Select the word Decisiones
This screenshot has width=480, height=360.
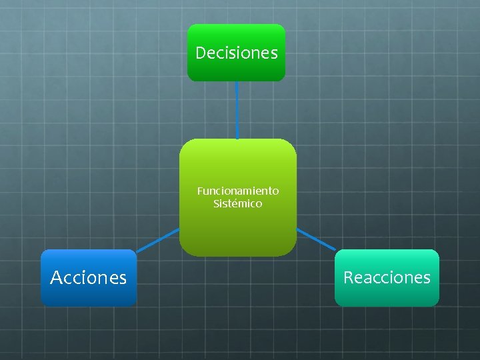[237, 53]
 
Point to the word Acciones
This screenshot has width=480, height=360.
[88, 277]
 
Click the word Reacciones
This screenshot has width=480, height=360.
[387, 277]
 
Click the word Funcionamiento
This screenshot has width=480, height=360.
[238, 191]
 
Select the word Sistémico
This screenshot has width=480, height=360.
[238, 203]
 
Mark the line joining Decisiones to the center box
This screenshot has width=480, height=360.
[237, 110]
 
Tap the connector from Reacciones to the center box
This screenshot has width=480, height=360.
[316, 239]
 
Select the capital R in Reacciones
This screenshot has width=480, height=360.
[348, 277]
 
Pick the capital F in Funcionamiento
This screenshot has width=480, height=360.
[199, 191]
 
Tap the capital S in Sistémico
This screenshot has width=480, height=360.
[216, 203]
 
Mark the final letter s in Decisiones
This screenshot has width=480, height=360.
[274, 53]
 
